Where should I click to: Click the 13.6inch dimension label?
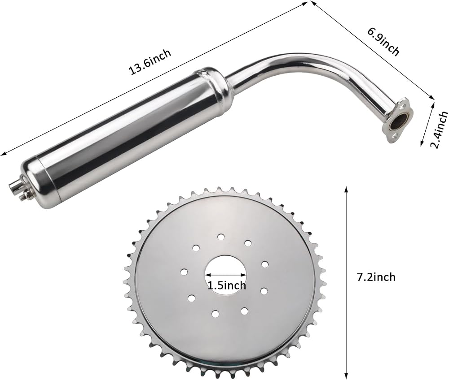point(150,62)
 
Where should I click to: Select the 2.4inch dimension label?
point(440,130)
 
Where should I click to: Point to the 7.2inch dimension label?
point(376,277)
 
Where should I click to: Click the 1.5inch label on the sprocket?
point(226,285)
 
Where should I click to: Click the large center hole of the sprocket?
point(226,274)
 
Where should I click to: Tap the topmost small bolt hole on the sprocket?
point(221,237)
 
